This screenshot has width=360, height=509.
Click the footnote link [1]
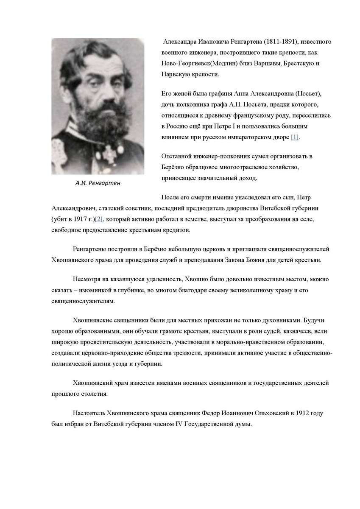(x=295, y=137)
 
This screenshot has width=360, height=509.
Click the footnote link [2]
(x=99, y=219)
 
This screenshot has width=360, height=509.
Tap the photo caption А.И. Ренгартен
(x=98, y=183)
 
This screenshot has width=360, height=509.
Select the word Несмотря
(x=87, y=279)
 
